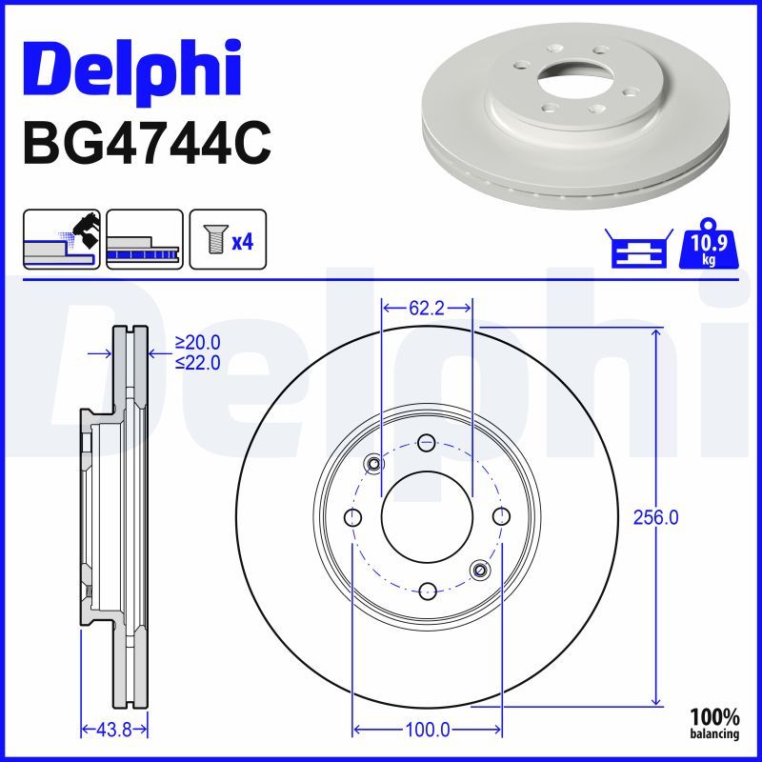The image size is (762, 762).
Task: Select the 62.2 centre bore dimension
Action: click(x=427, y=309)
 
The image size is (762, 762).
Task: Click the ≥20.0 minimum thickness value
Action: click(x=197, y=343)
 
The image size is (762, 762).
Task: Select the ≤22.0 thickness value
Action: click(x=197, y=362)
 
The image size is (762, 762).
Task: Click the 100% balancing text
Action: click(x=714, y=724)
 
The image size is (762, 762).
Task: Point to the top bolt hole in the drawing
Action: click(x=427, y=443)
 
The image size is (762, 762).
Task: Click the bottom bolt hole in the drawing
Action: click(x=427, y=590)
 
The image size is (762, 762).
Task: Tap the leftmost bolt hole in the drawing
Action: click(x=353, y=517)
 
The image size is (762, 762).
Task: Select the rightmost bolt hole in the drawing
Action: click(x=501, y=516)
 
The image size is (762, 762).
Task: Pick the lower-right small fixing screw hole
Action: click(x=479, y=570)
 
